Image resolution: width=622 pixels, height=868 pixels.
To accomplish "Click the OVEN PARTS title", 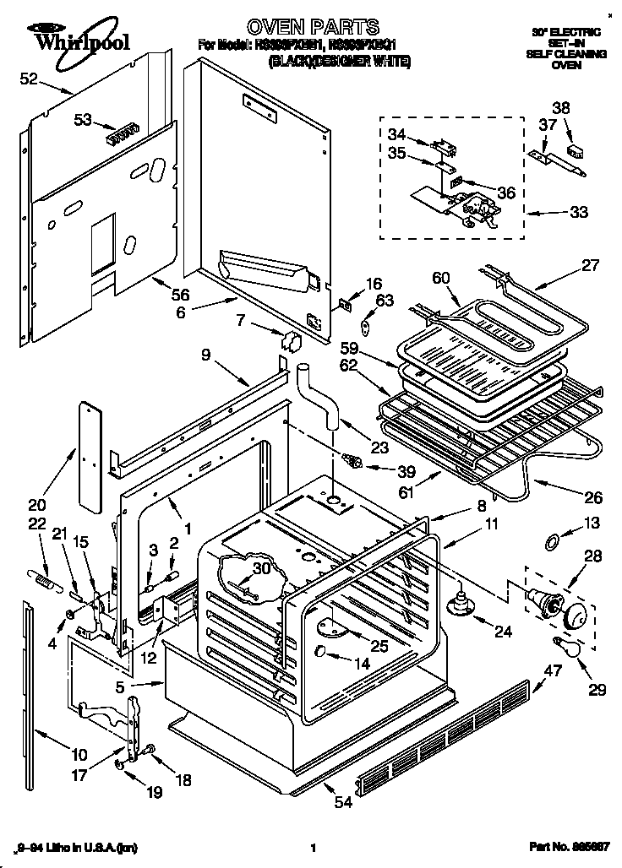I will click(310, 27).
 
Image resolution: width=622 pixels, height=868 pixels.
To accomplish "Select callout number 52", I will click(29, 79).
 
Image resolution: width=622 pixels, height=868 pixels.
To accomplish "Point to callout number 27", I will click(589, 265).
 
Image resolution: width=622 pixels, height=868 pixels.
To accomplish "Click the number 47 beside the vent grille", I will click(552, 671).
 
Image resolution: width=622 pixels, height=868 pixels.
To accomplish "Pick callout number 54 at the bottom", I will click(342, 802).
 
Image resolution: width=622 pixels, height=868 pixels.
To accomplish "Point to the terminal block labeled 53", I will click(121, 132).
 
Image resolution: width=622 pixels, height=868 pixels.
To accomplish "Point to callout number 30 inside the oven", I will click(262, 569).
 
